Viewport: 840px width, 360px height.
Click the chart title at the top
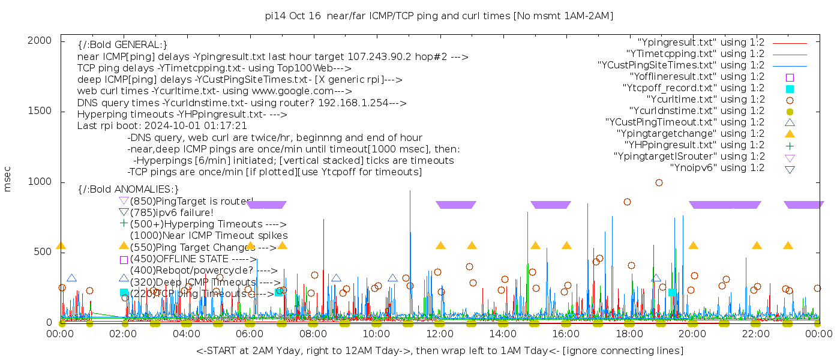click(x=439, y=16)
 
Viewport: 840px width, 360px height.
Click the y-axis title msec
click(x=8, y=179)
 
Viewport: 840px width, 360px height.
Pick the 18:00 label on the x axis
click(x=629, y=333)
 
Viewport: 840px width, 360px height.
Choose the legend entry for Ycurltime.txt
click(x=705, y=100)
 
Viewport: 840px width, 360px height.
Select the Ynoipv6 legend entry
click(x=717, y=168)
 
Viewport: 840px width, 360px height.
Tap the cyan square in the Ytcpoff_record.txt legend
click(x=790, y=88)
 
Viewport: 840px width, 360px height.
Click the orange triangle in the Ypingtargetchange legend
click(x=790, y=134)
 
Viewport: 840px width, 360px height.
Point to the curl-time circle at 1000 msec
click(x=659, y=182)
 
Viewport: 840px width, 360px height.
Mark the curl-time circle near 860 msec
click(x=627, y=202)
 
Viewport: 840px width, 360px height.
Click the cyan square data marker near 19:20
click(x=672, y=292)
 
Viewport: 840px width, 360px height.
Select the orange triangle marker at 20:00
click(x=693, y=245)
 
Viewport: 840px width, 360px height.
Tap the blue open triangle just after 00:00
click(x=71, y=278)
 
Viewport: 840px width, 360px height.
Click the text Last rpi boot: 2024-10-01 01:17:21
click(x=162, y=126)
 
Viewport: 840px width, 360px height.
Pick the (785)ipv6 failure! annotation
click(x=171, y=212)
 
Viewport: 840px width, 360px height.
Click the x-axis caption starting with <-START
click(x=439, y=350)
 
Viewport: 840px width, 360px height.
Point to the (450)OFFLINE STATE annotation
click(x=193, y=259)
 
